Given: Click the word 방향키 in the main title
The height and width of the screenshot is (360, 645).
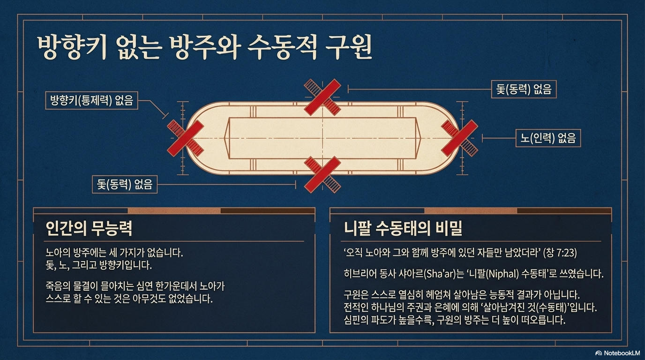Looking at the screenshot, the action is click(72, 47).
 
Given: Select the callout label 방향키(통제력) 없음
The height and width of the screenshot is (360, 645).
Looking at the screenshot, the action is click(91, 100).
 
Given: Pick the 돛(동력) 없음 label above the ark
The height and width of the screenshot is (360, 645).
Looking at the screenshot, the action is click(524, 89).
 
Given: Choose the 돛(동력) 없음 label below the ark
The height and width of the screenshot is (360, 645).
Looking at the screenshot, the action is click(124, 184).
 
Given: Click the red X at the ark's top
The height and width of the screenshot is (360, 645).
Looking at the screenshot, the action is click(322, 97).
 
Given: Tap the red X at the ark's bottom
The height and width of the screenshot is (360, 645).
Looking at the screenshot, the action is click(322, 175).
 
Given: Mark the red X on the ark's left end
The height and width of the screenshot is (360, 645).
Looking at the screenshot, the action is click(186, 138).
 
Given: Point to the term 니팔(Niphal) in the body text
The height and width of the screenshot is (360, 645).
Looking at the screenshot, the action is click(508, 274).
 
